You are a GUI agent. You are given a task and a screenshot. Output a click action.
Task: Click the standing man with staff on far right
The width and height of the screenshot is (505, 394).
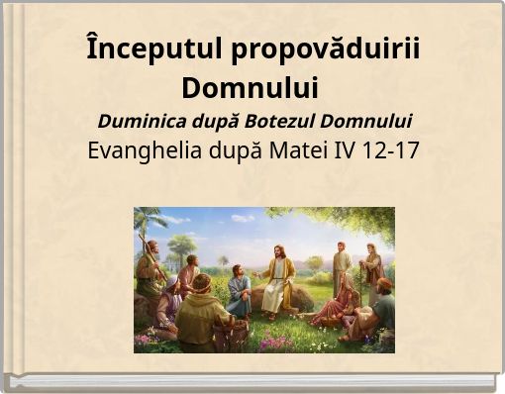373,267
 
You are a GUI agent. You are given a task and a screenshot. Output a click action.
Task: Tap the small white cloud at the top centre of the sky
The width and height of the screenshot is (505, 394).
243,218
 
